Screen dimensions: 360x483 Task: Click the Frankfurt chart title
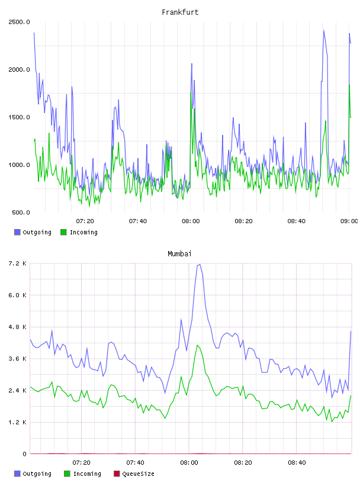point(180,12)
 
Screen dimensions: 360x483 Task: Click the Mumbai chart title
point(179,254)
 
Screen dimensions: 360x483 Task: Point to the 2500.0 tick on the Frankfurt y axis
point(19,22)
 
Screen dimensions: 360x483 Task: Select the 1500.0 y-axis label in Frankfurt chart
point(19,117)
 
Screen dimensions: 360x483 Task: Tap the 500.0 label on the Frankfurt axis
point(21,212)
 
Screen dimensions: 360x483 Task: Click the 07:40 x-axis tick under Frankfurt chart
point(138,221)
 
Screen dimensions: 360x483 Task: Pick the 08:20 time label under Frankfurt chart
point(243,221)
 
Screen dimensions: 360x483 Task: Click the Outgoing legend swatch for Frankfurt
point(17,232)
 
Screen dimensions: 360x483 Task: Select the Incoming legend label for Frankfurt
point(83,232)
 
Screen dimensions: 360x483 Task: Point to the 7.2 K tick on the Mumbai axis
point(18,263)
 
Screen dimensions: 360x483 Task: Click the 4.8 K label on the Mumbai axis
point(18,327)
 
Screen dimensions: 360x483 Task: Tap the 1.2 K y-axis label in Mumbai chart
point(18,422)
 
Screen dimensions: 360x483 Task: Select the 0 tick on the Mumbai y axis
point(25,454)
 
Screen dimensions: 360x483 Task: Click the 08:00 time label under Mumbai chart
point(189,463)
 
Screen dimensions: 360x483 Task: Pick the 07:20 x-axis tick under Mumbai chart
point(81,463)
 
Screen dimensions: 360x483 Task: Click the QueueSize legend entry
point(134,474)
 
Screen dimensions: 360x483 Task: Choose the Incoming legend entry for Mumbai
point(83,474)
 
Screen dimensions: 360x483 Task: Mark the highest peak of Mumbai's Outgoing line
point(200,265)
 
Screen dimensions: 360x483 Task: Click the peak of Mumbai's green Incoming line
point(197,345)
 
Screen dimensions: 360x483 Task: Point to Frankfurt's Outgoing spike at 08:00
point(192,64)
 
